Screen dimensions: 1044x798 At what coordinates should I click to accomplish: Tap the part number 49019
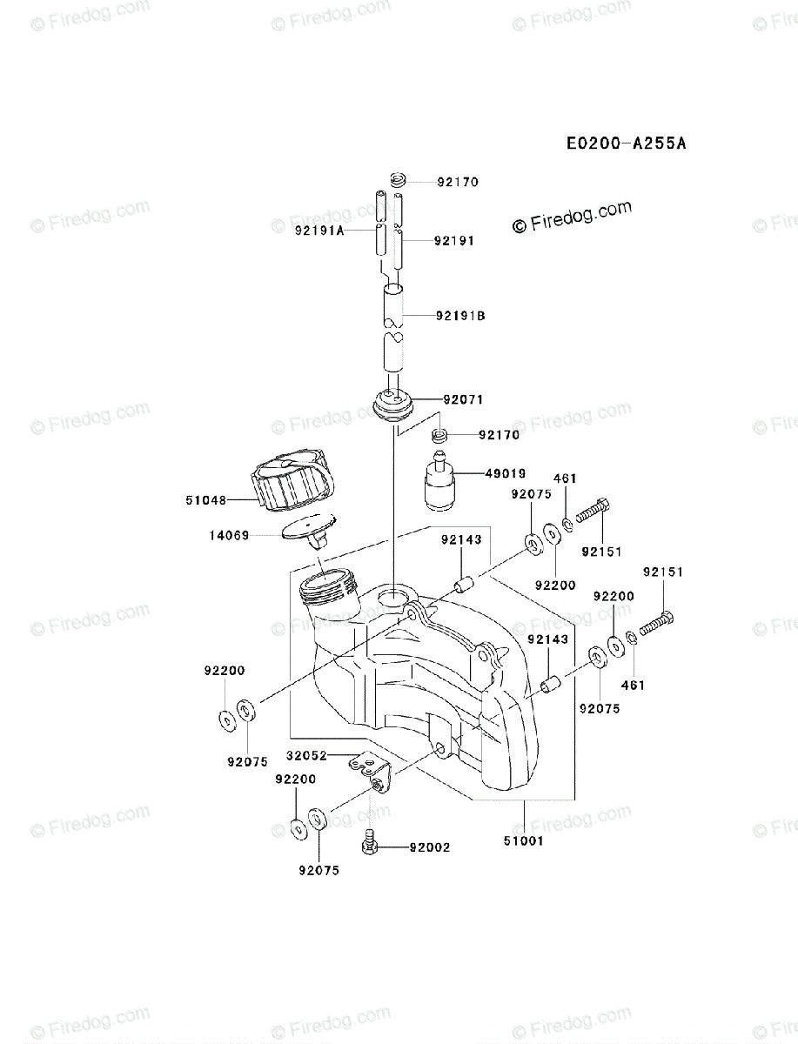click(506, 474)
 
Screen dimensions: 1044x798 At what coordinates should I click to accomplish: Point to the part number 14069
click(229, 536)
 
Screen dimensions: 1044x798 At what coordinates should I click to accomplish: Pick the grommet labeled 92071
click(395, 406)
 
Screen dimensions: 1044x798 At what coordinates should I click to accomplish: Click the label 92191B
click(460, 316)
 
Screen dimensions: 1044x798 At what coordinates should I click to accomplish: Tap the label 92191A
click(319, 231)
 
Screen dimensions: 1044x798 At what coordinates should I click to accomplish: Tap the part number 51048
click(206, 500)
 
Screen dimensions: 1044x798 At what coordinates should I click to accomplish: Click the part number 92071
click(463, 400)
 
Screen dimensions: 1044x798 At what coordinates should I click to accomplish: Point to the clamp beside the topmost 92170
click(399, 182)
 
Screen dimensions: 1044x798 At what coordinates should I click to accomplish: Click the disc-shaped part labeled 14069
click(308, 528)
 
